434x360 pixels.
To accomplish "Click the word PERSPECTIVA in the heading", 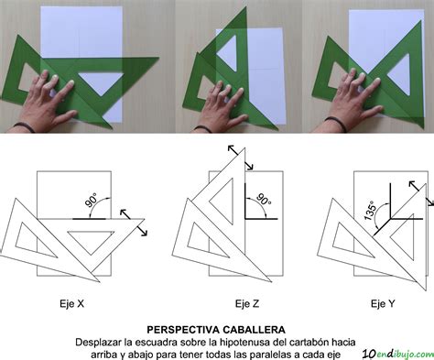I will click(187, 328).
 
